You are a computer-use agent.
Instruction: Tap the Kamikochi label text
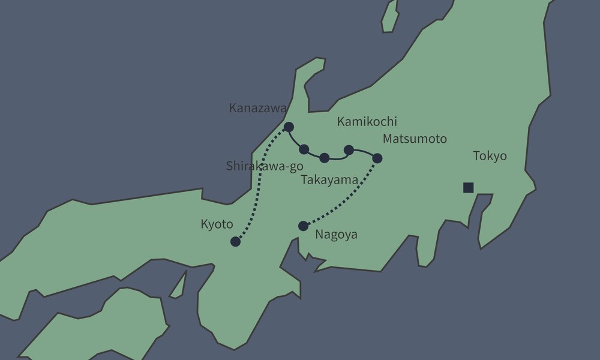(367, 122)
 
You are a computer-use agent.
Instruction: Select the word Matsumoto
(415, 139)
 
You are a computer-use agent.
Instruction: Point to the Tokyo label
(490, 156)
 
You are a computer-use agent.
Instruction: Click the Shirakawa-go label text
(265, 166)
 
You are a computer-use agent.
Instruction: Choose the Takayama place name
(329, 179)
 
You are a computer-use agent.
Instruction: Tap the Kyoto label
(217, 224)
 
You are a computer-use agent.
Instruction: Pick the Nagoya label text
(336, 235)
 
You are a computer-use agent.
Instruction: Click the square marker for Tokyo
(469, 187)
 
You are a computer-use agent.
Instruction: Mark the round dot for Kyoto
(235, 242)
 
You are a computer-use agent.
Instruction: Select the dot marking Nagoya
(303, 226)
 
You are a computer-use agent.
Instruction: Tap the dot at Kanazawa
(289, 127)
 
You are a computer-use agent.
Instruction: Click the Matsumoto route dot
(377, 158)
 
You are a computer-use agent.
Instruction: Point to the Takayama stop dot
(325, 158)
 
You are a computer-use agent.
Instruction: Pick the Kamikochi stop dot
(349, 149)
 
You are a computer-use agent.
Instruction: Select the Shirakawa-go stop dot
(304, 149)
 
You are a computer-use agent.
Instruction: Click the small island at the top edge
(391, 16)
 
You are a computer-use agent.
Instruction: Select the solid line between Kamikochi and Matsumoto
(364, 151)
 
